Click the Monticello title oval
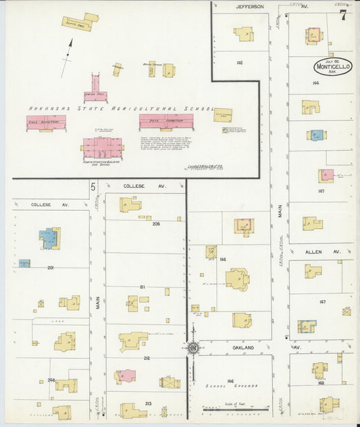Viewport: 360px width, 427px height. point(332,68)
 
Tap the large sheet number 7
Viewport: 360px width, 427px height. point(343,15)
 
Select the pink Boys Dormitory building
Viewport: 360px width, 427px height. point(166,122)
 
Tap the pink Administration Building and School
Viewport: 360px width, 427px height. point(103,147)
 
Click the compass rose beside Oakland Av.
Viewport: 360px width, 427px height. point(193,349)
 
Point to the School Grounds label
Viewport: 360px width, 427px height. point(230,387)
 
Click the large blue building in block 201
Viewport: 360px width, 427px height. point(49,238)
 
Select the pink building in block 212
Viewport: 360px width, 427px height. point(126,376)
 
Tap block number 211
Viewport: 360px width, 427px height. point(143,287)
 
